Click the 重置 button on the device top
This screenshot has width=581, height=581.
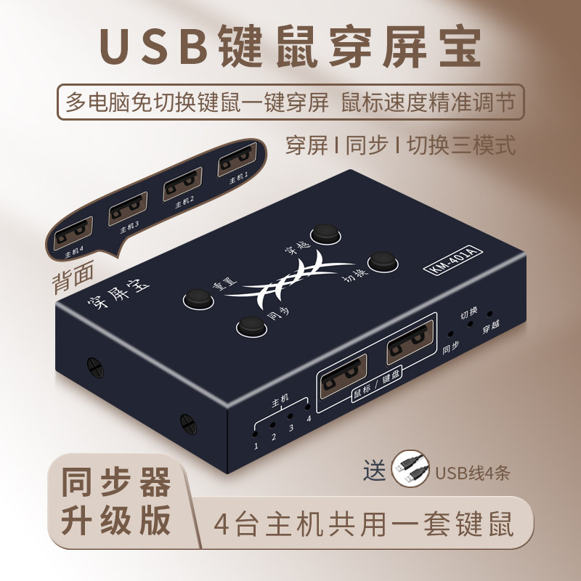(196, 298)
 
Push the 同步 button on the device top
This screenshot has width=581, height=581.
(249, 328)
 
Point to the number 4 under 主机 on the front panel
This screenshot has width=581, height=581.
(308, 417)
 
